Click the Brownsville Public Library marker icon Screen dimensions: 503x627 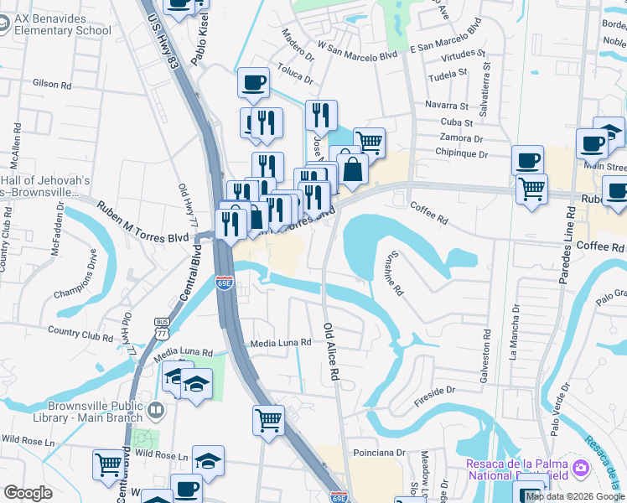coord(156,411)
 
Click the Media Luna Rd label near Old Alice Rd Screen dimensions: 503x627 coord(282,343)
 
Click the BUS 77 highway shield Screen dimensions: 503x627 coord(162,325)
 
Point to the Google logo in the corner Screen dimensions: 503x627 coord(28,493)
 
